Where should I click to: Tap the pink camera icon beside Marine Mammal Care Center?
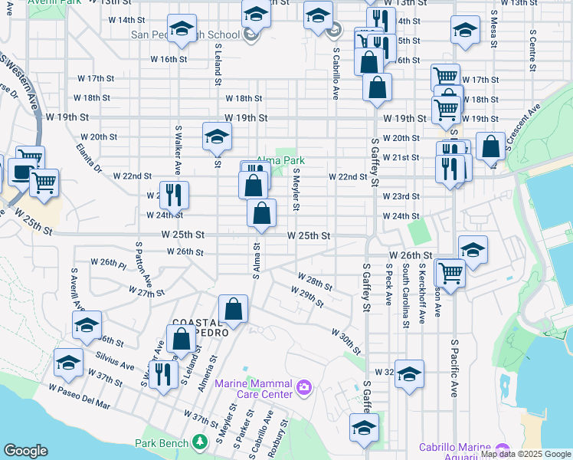(x=304, y=386)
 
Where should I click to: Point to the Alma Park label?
(x=280, y=160)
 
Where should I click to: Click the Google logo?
(x=26, y=451)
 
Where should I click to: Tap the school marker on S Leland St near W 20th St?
(x=217, y=136)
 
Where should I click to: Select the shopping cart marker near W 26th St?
(x=450, y=271)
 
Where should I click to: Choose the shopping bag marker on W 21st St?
(x=490, y=145)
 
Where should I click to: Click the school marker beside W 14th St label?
(x=181, y=29)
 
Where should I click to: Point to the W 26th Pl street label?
(x=108, y=262)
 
